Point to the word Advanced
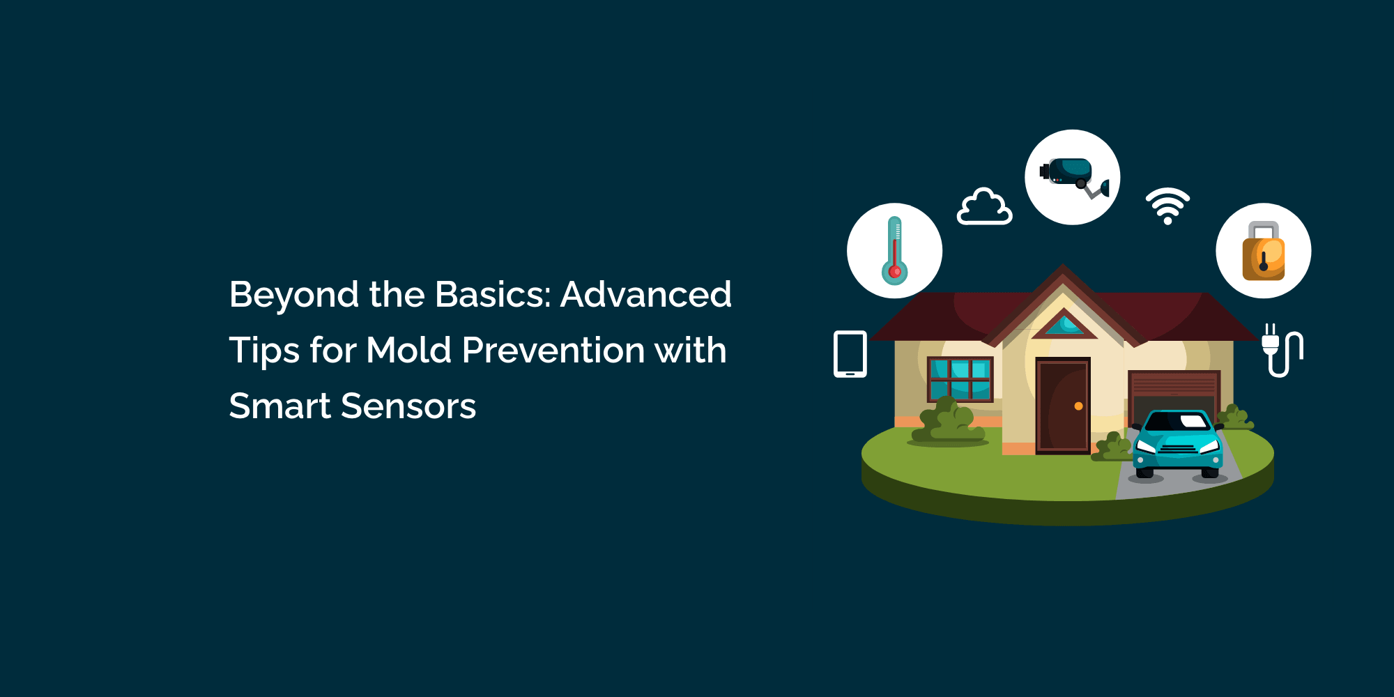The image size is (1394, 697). pos(646,294)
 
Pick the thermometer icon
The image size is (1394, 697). pos(895,251)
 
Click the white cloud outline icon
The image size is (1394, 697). pos(984,206)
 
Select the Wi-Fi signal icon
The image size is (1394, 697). pos(1167,206)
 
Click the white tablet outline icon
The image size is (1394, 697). pos(850,354)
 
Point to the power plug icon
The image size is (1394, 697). pos(1282,350)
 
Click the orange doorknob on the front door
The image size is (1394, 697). pos(1078,406)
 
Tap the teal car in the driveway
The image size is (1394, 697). pos(1178,444)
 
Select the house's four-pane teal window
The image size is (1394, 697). pos(960,380)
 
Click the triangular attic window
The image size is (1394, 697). pos(1064,323)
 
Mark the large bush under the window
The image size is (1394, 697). pos(948,420)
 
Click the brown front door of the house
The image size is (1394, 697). pos(1063,406)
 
